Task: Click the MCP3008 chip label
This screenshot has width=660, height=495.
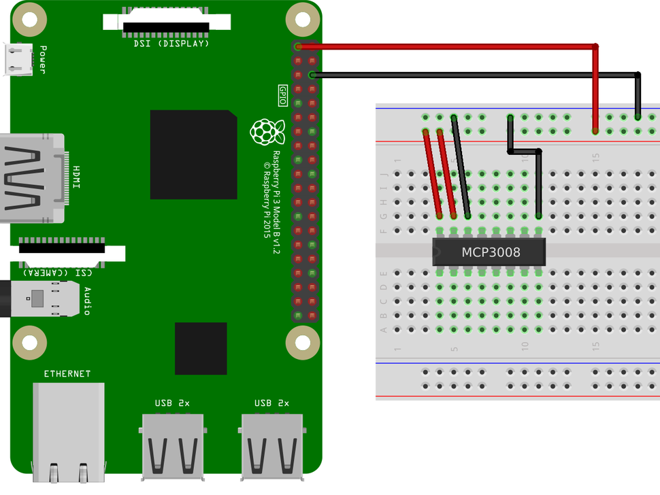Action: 491,252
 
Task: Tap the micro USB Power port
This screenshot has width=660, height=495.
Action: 18,59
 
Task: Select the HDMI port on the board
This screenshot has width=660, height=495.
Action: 31,178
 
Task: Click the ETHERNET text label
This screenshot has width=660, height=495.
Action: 67,374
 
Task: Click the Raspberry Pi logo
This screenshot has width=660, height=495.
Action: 267,131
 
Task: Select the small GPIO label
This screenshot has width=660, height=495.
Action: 283,95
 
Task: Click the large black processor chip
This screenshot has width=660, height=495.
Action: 193,155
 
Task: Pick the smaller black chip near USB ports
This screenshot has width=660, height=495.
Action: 201,348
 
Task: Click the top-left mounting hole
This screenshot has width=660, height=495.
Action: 29,20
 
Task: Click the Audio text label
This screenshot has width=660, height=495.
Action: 87,301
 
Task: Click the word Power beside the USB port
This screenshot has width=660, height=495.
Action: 43,60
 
